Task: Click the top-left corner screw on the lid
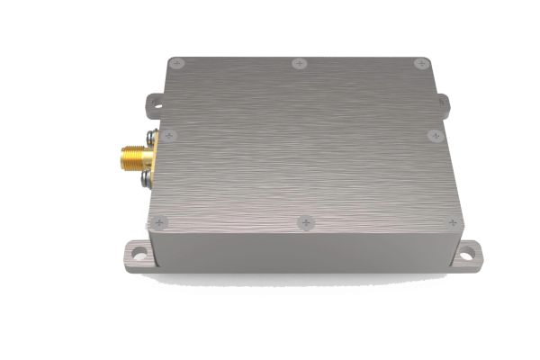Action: (176, 62)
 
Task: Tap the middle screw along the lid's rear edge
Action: (300, 63)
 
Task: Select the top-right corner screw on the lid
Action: (420, 63)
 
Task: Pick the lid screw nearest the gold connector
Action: (169, 136)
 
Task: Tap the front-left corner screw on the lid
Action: (160, 221)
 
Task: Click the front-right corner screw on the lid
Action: (454, 221)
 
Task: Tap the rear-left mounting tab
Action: (156, 103)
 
